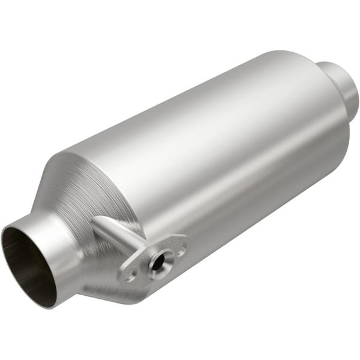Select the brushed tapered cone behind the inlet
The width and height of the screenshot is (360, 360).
[x=84, y=186]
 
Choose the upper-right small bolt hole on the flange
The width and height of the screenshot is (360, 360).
[x=179, y=244]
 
